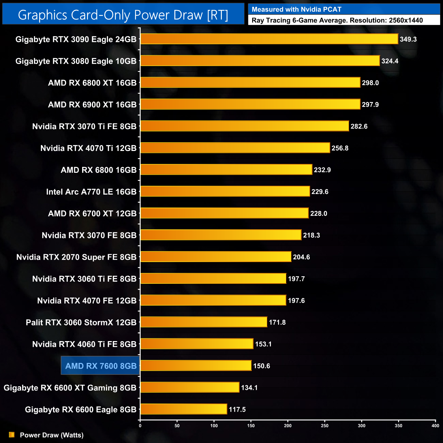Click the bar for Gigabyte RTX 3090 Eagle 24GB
pyautogui.click(x=269, y=39)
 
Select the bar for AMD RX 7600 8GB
pyautogui.click(x=196, y=366)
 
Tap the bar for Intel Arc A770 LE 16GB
pyautogui.click(x=225, y=192)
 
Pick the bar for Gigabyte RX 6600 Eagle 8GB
pyautogui.click(x=184, y=409)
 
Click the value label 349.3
pyautogui.click(x=408, y=39)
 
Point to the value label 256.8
pyautogui.click(x=340, y=148)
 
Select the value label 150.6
pyautogui.click(x=261, y=366)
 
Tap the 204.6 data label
pyautogui.click(x=301, y=257)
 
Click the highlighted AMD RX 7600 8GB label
pyautogui.click(x=101, y=366)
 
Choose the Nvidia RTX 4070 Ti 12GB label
pyautogui.click(x=88, y=148)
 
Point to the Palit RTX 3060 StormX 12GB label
pyautogui.click(x=81, y=322)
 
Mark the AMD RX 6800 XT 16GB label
pyautogui.click(x=92, y=83)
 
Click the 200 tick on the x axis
pyautogui.click(x=288, y=426)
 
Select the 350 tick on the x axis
pyautogui.click(x=398, y=426)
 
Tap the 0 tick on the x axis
pyautogui.click(x=140, y=426)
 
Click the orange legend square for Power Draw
pyautogui.click(x=12, y=435)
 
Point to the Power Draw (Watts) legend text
pyautogui.click(x=52, y=435)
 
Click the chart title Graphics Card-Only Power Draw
pyautogui.click(x=123, y=15)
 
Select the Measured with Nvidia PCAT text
pyautogui.click(x=296, y=10)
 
